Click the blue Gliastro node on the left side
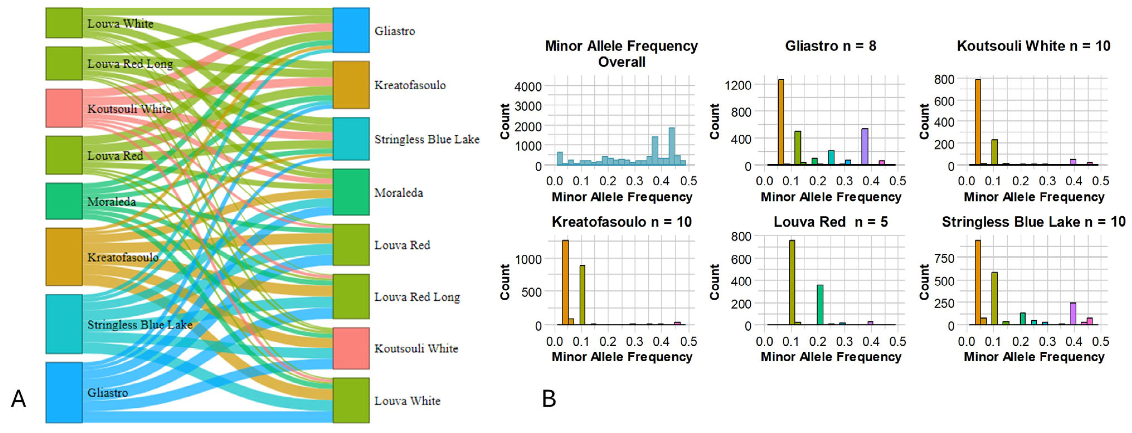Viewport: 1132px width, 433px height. (x=64, y=392)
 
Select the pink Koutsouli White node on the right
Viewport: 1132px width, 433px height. (x=351, y=348)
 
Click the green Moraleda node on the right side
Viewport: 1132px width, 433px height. (x=351, y=192)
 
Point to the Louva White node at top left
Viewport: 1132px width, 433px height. (x=64, y=23)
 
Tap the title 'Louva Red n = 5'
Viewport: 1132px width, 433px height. (x=830, y=222)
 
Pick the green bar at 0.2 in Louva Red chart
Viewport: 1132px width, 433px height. (x=820, y=305)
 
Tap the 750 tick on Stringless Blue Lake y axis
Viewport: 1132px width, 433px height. (x=944, y=258)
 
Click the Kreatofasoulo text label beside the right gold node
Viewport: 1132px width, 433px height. (x=410, y=85)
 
